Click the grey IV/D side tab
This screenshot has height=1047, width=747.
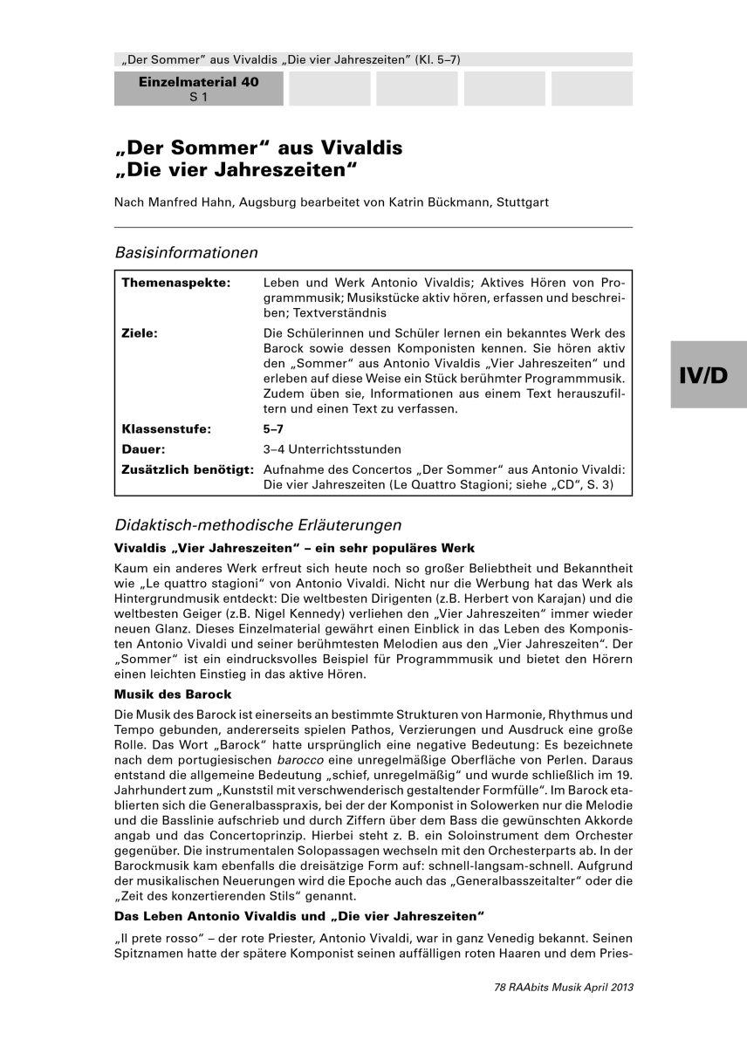[708, 374]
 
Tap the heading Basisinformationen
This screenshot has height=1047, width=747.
[186, 253]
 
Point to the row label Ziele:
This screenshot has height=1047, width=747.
[140, 332]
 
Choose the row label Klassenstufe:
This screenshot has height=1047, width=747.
[167, 429]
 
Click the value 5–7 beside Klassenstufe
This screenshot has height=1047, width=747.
[273, 429]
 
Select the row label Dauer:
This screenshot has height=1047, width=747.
[144, 449]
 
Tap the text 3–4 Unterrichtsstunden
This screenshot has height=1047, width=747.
[332, 449]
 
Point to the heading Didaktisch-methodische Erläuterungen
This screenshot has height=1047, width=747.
[258, 525]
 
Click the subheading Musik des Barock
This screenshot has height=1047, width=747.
[173, 695]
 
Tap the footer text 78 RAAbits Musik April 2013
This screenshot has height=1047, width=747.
[563, 988]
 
